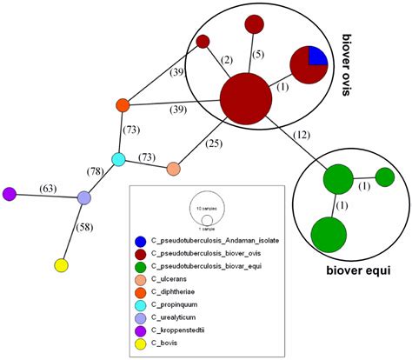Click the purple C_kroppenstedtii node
[x=10, y=193]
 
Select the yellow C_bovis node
[x=61, y=264]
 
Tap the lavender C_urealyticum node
[x=84, y=198]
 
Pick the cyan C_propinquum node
[x=119, y=159]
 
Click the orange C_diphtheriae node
[x=123, y=105]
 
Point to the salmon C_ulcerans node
[x=173, y=168]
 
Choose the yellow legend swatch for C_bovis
[x=138, y=333]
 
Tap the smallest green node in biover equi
[x=385, y=177]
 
